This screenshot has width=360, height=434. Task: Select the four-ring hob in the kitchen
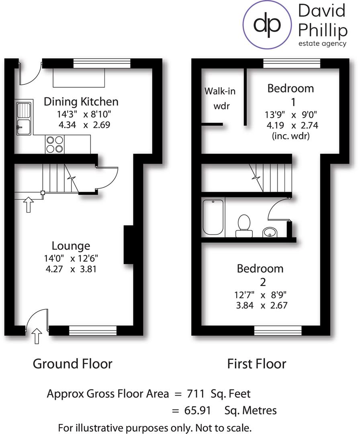point(55,144)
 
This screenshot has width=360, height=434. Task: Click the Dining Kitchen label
point(81,101)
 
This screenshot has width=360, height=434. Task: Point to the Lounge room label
point(71,246)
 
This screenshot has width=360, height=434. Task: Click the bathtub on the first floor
point(213,217)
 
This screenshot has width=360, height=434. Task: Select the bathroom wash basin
point(270,232)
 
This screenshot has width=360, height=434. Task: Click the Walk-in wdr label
point(220,98)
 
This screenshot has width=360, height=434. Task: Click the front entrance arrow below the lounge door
point(37,336)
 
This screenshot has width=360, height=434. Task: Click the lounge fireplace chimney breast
point(129,245)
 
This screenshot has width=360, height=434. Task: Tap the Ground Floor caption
point(72,364)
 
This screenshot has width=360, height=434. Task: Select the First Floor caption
point(256,364)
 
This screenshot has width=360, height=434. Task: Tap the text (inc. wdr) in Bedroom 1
point(290,135)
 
